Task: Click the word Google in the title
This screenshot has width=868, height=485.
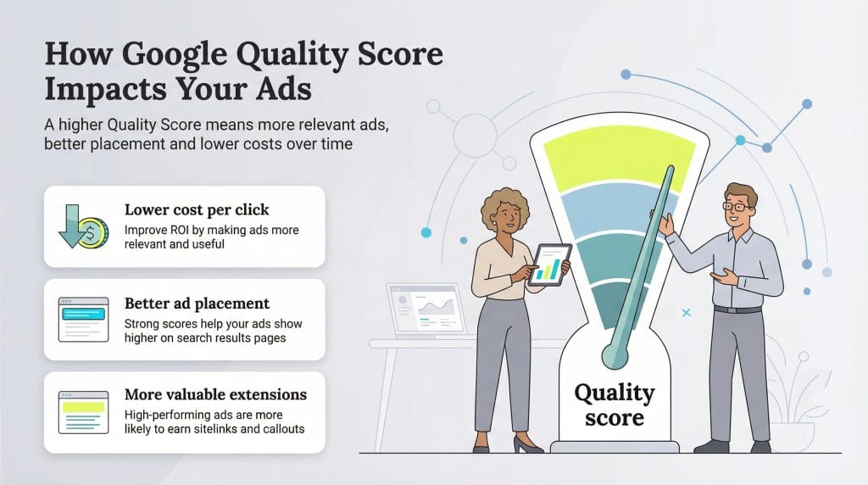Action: tap(165, 57)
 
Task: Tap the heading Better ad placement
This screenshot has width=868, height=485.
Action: tap(197, 303)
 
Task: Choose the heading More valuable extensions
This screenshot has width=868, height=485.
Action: tap(215, 395)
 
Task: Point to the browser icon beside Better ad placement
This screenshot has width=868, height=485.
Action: tap(83, 319)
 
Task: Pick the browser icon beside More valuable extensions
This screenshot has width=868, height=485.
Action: tap(83, 412)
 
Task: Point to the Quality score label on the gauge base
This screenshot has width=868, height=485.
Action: tap(614, 405)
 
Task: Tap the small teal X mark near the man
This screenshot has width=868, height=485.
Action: tap(686, 313)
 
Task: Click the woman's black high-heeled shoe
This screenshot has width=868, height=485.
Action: tap(525, 443)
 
